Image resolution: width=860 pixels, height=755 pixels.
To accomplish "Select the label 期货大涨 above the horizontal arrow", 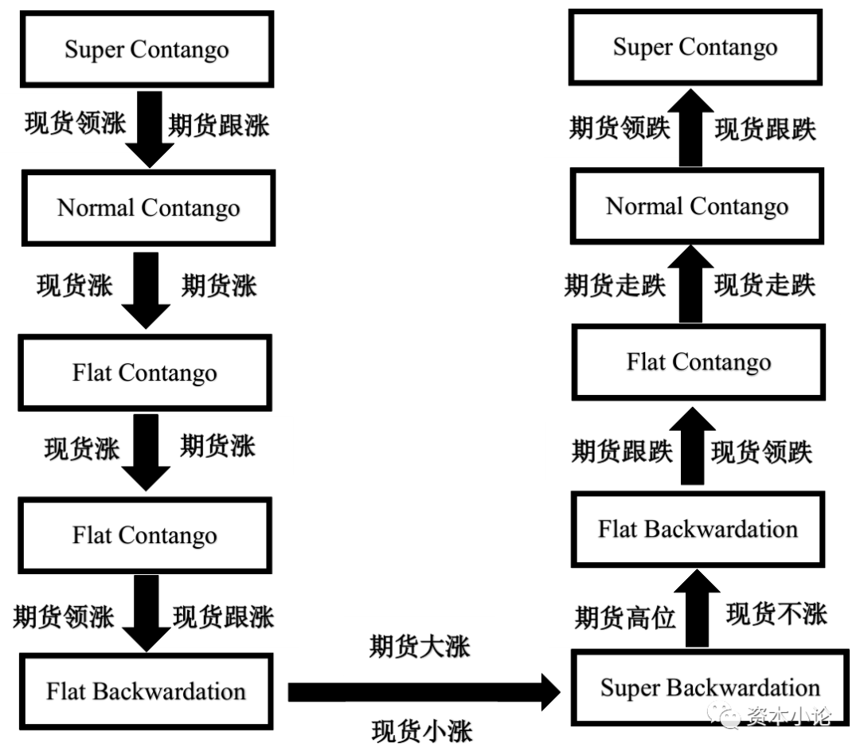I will click(420, 647).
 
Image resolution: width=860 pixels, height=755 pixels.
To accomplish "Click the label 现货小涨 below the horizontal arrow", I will click(421, 730).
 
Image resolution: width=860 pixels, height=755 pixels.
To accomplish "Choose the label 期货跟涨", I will click(219, 125).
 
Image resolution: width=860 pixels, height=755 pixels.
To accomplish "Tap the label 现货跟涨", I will click(224, 616).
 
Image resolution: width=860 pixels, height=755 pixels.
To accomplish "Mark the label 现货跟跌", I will click(765, 129).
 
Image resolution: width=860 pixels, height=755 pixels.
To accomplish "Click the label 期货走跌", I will click(615, 285).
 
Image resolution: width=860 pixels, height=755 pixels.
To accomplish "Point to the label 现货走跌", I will click(764, 285).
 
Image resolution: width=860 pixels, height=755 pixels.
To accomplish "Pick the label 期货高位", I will click(625, 616).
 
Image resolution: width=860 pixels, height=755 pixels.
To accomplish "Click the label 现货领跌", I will click(761, 452).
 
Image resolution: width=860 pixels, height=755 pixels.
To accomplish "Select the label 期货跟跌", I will click(622, 452).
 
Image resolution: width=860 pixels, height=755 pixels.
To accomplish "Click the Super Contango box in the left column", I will click(147, 49).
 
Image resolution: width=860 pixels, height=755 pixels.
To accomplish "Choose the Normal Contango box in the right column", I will click(697, 206).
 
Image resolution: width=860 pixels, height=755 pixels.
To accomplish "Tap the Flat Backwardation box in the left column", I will click(146, 690).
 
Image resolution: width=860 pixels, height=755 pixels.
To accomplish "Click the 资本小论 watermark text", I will click(788, 718).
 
